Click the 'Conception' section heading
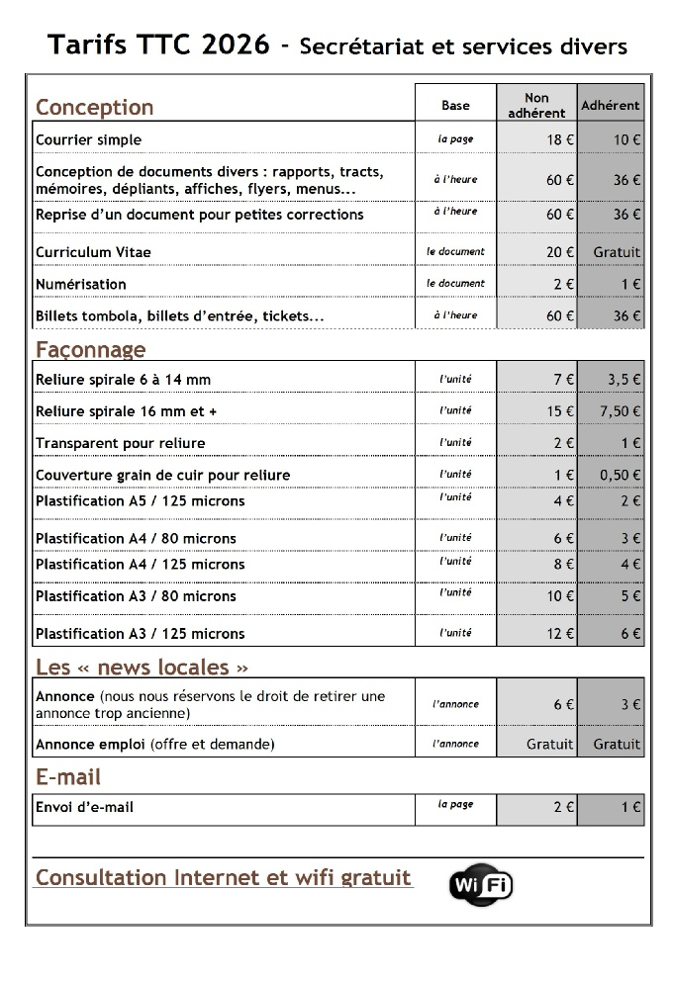tap(94, 107)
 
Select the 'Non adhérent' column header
tap(536, 105)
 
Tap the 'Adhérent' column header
tap(611, 105)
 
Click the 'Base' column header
tap(455, 105)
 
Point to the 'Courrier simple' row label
tap(88, 139)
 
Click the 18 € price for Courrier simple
tap(560, 139)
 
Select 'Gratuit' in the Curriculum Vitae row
tap(617, 252)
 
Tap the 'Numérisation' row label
tap(80, 284)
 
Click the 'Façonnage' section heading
tap(90, 349)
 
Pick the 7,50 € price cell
tap(621, 411)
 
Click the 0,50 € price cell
tap(621, 475)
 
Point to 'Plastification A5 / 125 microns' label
tap(140, 501)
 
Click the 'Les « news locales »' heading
tap(142, 667)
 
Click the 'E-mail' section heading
tap(68, 777)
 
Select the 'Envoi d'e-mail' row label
tap(84, 807)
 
